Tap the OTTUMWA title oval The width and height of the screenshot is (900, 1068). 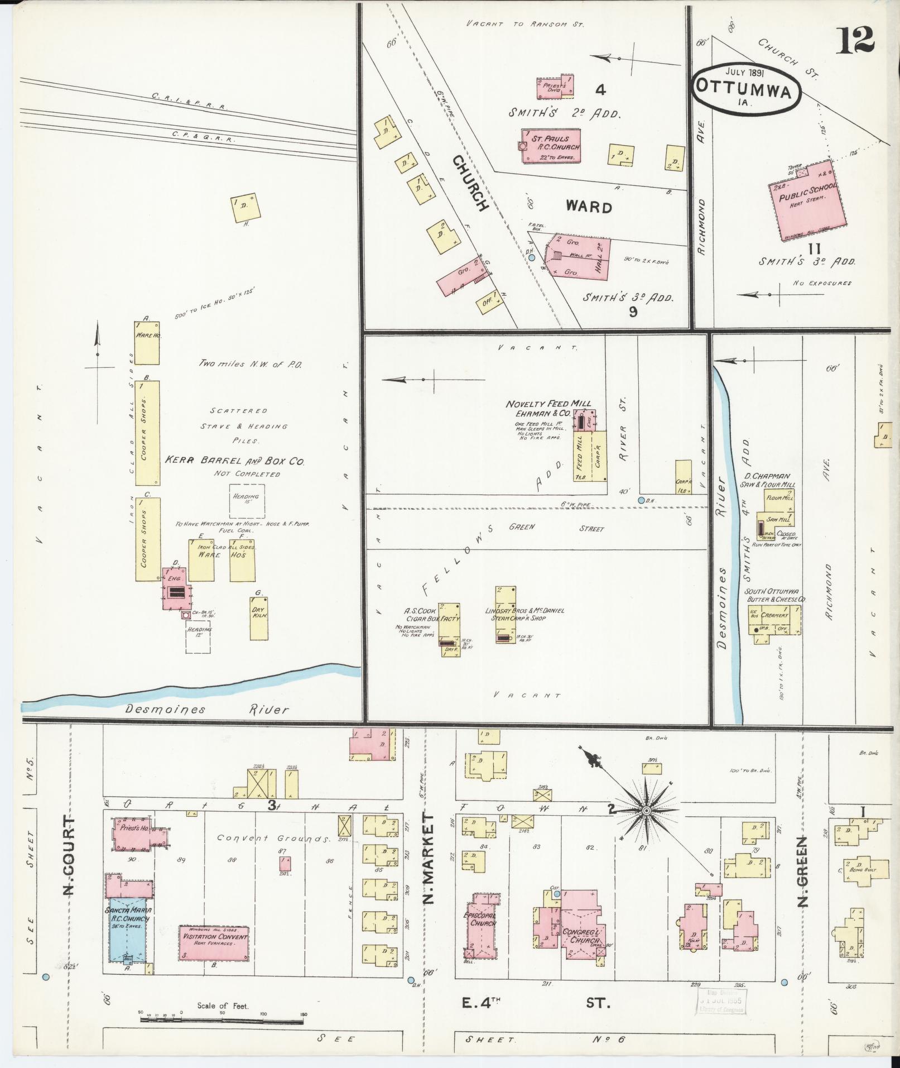(x=747, y=89)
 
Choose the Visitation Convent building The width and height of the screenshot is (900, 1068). (x=214, y=943)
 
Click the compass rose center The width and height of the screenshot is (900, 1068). (x=646, y=810)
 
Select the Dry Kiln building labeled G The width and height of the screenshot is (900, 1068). (x=259, y=619)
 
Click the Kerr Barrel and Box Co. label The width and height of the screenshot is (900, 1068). (x=234, y=461)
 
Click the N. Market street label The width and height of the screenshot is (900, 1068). (x=429, y=860)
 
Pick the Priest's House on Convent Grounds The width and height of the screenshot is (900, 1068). (x=134, y=846)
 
